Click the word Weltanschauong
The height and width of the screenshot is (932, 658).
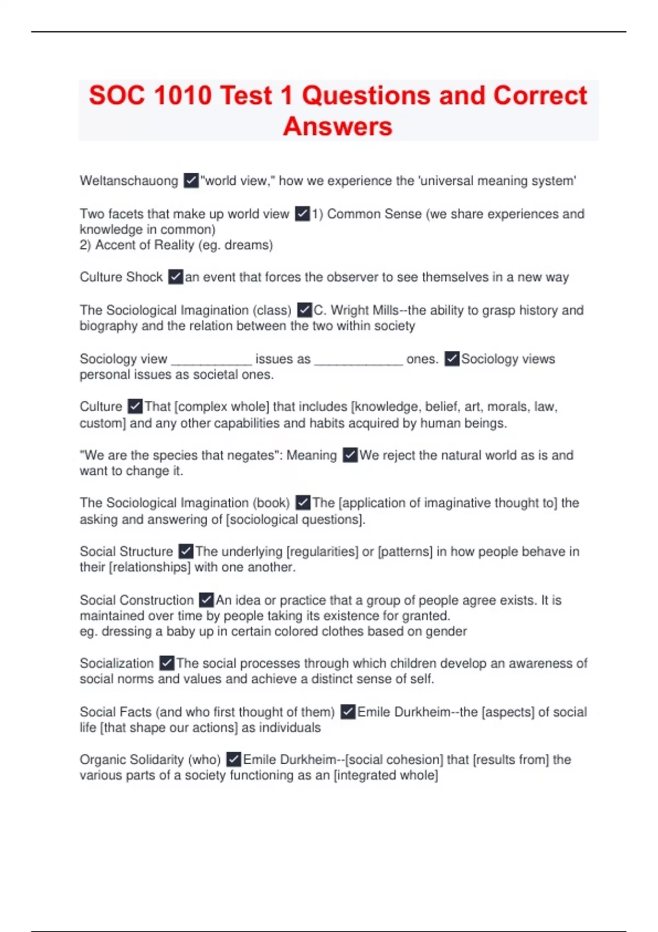(129, 181)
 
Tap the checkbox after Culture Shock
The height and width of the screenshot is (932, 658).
(175, 277)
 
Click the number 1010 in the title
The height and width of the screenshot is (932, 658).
(183, 95)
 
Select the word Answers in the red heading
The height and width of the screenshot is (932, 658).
(338, 127)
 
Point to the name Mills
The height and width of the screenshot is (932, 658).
(385, 310)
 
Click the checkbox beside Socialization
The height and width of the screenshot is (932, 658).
(167, 663)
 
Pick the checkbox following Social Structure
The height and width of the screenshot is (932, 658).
(186, 551)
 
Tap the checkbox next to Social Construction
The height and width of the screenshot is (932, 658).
(206, 600)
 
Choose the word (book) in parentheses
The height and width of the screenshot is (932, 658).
(270, 503)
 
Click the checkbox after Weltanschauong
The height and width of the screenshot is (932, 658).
(191, 180)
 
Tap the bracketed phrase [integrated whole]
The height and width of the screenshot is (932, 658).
(386, 775)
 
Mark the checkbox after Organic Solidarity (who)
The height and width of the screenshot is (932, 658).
(234, 759)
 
